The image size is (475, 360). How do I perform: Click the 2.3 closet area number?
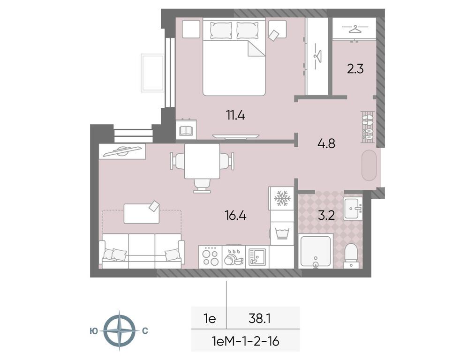click(355, 69)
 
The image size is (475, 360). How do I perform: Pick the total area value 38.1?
click(261, 319)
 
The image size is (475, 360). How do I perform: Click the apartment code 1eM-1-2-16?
click(245, 341)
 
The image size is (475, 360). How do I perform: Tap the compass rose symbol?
click(119, 330)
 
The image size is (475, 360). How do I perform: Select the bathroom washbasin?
click(351, 209)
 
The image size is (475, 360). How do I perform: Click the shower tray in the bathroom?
click(316, 251)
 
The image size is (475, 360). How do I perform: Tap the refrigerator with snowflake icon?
click(282, 198)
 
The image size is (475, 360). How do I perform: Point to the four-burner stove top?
click(210, 257)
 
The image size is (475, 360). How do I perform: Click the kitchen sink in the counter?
click(257, 256)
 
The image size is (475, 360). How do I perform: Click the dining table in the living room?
click(202, 161)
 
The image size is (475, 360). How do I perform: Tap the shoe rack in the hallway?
click(368, 127)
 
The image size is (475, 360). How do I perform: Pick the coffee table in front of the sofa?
click(142, 213)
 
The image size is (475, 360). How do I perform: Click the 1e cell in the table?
click(209, 319)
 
